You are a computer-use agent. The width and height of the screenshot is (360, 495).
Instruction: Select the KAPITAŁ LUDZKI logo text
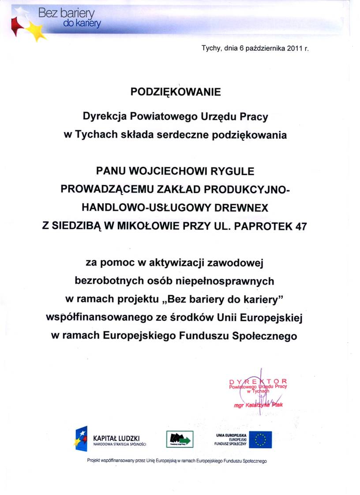coord(116,438)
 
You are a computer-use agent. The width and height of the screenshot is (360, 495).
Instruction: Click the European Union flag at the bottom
coord(260,439)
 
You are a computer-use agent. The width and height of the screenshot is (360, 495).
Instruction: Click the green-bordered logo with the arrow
coord(180,439)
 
